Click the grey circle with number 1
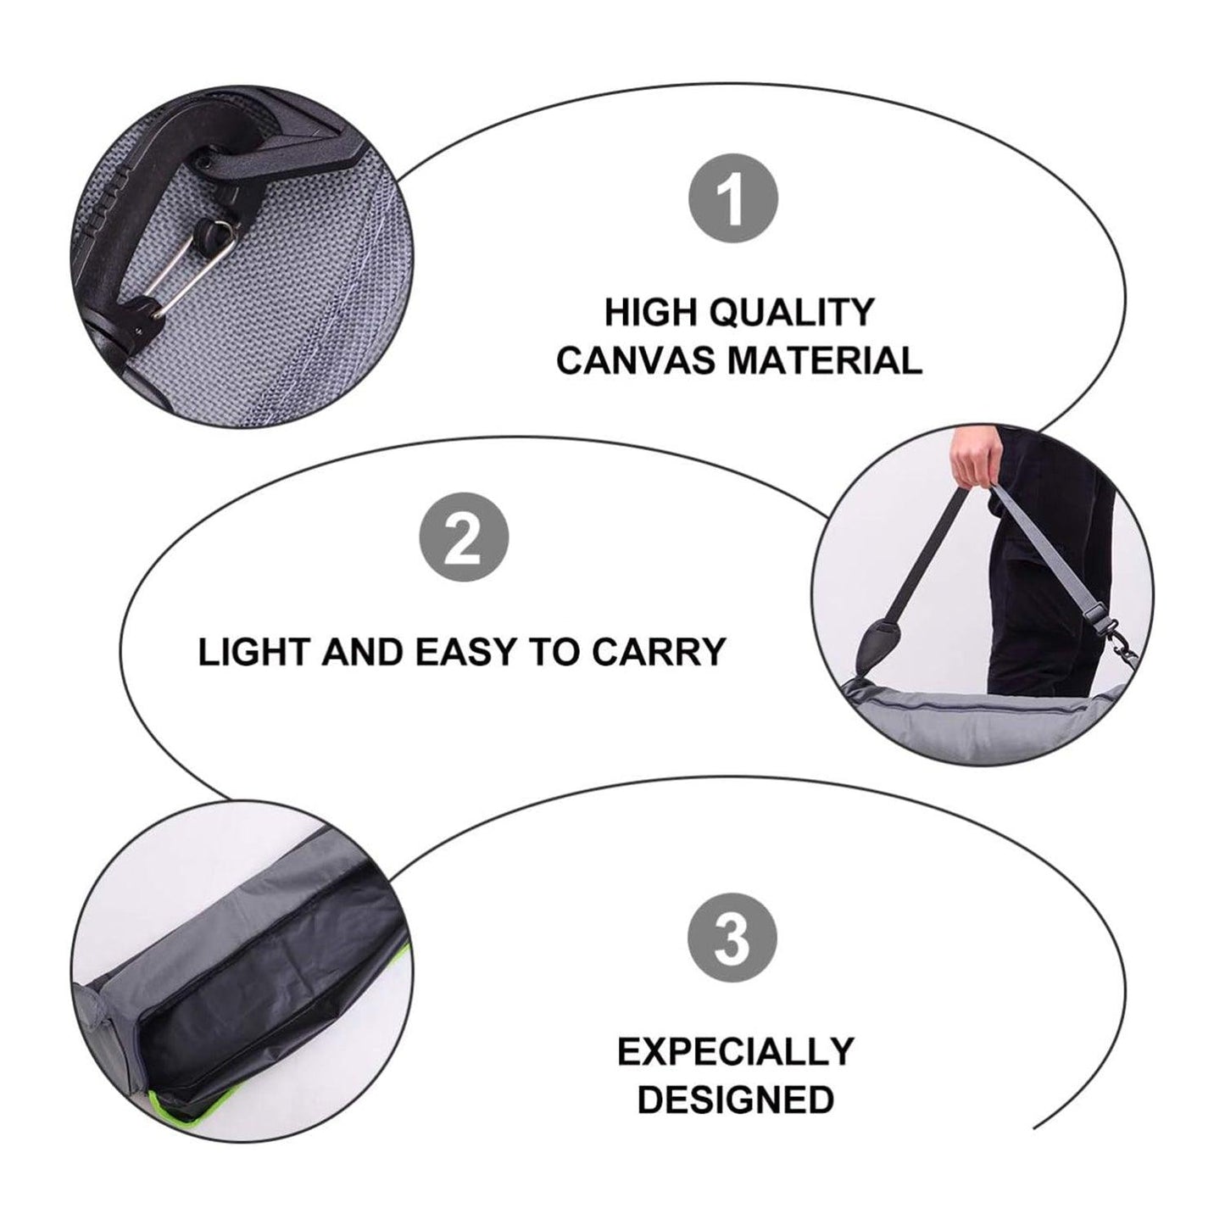[733, 198]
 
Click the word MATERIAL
[825, 359]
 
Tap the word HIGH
[651, 312]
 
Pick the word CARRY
[660, 652]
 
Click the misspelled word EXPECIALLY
[736, 1051]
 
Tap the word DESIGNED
[736, 1100]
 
